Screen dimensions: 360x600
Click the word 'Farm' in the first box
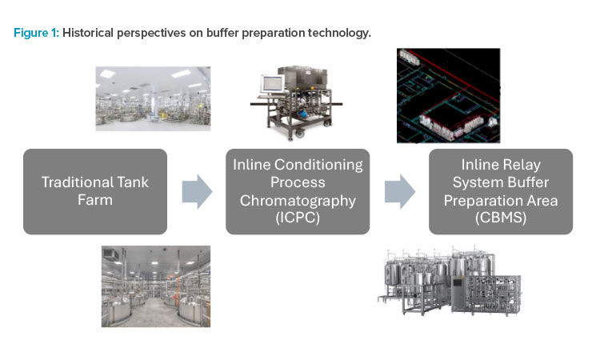(x=95, y=201)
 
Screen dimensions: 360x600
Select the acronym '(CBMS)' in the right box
(x=501, y=218)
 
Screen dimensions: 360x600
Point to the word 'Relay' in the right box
(x=522, y=165)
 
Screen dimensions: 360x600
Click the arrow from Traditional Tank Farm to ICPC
(x=197, y=192)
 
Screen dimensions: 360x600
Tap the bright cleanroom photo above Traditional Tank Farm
(x=152, y=99)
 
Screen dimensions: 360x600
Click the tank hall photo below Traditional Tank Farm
(x=156, y=286)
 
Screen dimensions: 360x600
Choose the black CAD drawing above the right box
(x=448, y=95)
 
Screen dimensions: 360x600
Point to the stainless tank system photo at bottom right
(x=450, y=279)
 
